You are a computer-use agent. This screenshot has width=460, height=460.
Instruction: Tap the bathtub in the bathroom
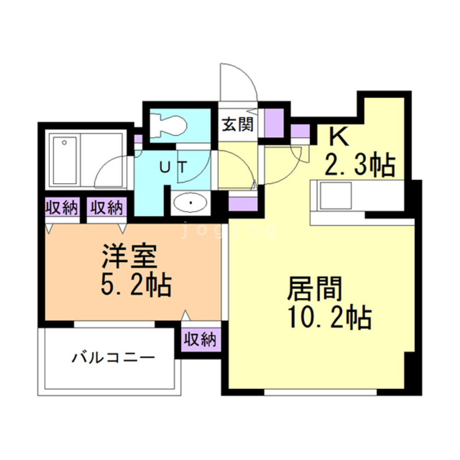[x=65, y=160]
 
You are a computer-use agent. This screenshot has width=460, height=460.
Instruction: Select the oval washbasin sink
[x=190, y=202]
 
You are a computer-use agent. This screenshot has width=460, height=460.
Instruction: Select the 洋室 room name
[x=130, y=258]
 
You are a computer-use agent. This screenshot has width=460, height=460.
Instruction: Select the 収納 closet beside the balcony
[x=200, y=340]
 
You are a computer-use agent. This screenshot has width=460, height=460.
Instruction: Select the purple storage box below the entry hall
[x=242, y=203]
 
